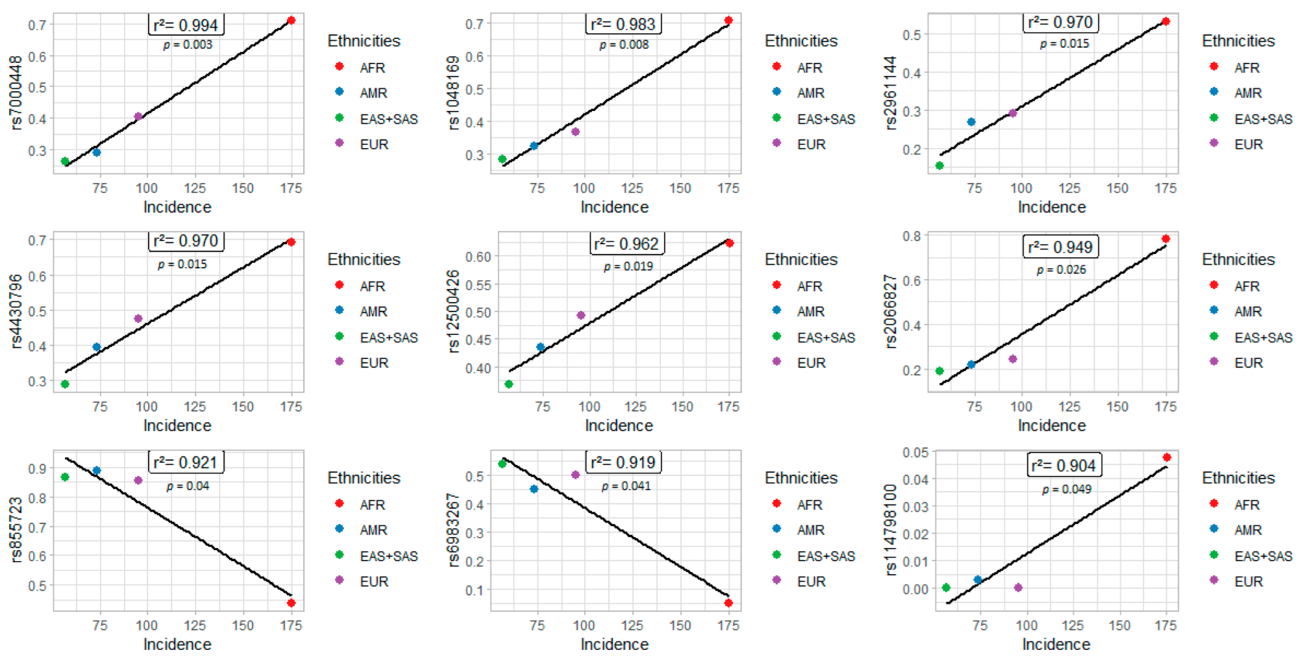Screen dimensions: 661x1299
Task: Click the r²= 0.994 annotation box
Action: point(186,25)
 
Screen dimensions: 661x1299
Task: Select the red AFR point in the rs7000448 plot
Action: point(291,20)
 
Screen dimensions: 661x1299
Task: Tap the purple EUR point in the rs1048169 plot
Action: point(575,131)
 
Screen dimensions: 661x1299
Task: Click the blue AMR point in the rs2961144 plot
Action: point(971,121)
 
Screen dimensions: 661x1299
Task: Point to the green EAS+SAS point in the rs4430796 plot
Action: point(65,384)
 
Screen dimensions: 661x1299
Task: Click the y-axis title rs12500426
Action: point(454,311)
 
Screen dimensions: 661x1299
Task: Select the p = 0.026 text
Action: point(1061,269)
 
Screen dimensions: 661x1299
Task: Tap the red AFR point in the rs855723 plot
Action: point(291,602)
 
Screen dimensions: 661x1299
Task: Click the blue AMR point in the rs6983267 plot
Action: point(534,489)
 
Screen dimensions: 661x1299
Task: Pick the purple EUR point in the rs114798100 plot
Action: point(1018,588)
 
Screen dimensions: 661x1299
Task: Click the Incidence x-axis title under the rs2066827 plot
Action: point(1052,425)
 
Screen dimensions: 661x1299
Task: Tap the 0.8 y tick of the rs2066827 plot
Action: point(913,236)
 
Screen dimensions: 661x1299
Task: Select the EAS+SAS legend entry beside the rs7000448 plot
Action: point(388,119)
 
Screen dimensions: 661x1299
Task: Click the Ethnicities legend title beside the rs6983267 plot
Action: point(801,478)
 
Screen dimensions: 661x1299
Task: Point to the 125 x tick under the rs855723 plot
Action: point(195,625)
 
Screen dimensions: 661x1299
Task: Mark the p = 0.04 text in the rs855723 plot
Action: point(188,486)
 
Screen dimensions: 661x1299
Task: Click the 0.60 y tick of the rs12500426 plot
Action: point(479,257)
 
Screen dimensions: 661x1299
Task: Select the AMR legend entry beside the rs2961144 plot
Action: point(1247,93)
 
